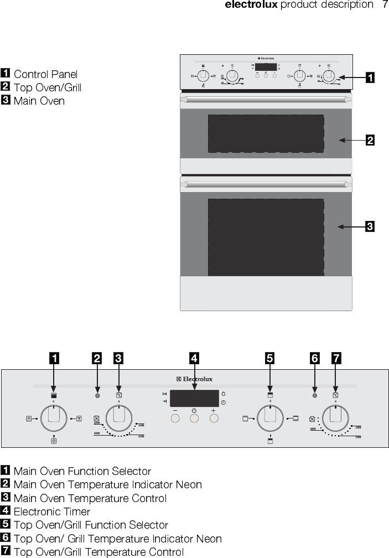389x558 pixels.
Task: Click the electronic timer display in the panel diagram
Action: point(194,397)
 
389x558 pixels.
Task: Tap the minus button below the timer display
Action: point(175,418)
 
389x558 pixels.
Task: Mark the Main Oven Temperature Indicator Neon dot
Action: point(97,396)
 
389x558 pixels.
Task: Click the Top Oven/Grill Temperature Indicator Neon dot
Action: point(314,396)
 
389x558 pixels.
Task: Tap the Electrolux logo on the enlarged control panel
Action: point(194,379)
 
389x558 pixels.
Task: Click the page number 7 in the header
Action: point(385,5)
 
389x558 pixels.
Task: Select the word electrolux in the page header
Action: point(251,5)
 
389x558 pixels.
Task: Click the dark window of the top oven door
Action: point(266,133)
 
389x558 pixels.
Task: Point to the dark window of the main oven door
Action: point(266,237)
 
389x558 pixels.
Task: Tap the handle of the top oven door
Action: point(266,100)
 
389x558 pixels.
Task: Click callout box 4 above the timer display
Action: point(194,359)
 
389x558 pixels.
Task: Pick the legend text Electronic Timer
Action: point(51,512)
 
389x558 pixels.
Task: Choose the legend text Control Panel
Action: point(45,74)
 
